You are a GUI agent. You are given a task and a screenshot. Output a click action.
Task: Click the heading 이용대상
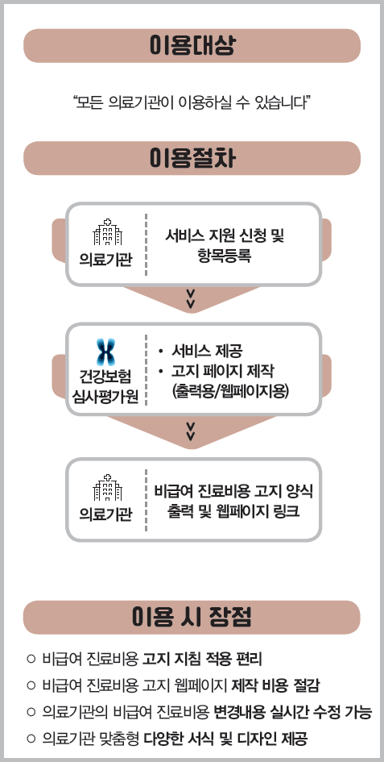pos(192,46)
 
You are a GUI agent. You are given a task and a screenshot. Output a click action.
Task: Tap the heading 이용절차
pos(192,158)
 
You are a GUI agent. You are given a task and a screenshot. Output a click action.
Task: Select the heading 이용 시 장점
pos(192,617)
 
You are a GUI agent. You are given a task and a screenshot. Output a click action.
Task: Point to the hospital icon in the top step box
pos(107,232)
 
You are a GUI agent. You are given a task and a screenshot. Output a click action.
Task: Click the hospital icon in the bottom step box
pos(107,488)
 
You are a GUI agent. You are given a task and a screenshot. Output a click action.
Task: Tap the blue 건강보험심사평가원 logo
pos(105,352)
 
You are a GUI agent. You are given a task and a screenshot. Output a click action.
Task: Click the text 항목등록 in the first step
pos(225,256)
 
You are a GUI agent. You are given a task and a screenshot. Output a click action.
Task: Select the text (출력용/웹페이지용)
pos(230,391)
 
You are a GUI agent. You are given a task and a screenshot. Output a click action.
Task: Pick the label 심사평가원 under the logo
pos(105,398)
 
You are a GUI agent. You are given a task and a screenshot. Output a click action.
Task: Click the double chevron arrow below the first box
pos(191,298)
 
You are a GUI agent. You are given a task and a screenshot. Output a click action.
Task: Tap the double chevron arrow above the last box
pos(191,431)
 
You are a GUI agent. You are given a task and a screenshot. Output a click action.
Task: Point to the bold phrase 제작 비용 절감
pos(276,685)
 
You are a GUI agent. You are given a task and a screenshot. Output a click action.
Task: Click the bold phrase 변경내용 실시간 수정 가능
pos(293,713)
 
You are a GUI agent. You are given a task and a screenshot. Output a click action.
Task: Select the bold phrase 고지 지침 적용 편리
pos(202,659)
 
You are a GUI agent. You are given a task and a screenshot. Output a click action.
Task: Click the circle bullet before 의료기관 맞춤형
pos(31,739)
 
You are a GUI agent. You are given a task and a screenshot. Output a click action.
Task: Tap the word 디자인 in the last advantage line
pos(258,739)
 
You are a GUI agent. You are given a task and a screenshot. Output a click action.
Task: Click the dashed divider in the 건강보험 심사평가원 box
pos(147,369)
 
